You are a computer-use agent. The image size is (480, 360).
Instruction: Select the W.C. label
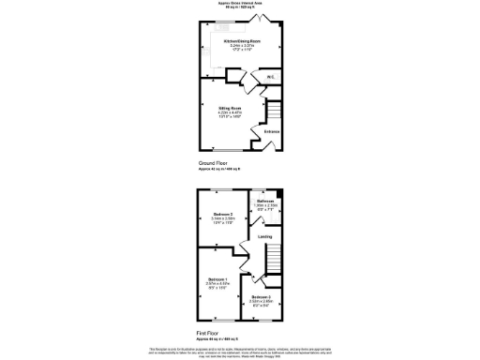pos(269,77)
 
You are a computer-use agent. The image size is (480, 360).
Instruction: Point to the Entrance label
pos(272,131)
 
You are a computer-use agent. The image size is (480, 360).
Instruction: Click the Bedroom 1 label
pos(217,280)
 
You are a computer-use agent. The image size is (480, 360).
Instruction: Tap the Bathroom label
pos(266,202)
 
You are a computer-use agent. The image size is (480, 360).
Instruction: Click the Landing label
pos(265,237)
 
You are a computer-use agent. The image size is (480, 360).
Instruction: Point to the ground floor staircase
pos(274,114)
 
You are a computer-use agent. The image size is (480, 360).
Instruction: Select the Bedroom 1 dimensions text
pos(217,287)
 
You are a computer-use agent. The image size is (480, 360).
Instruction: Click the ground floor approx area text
pos(219,168)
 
